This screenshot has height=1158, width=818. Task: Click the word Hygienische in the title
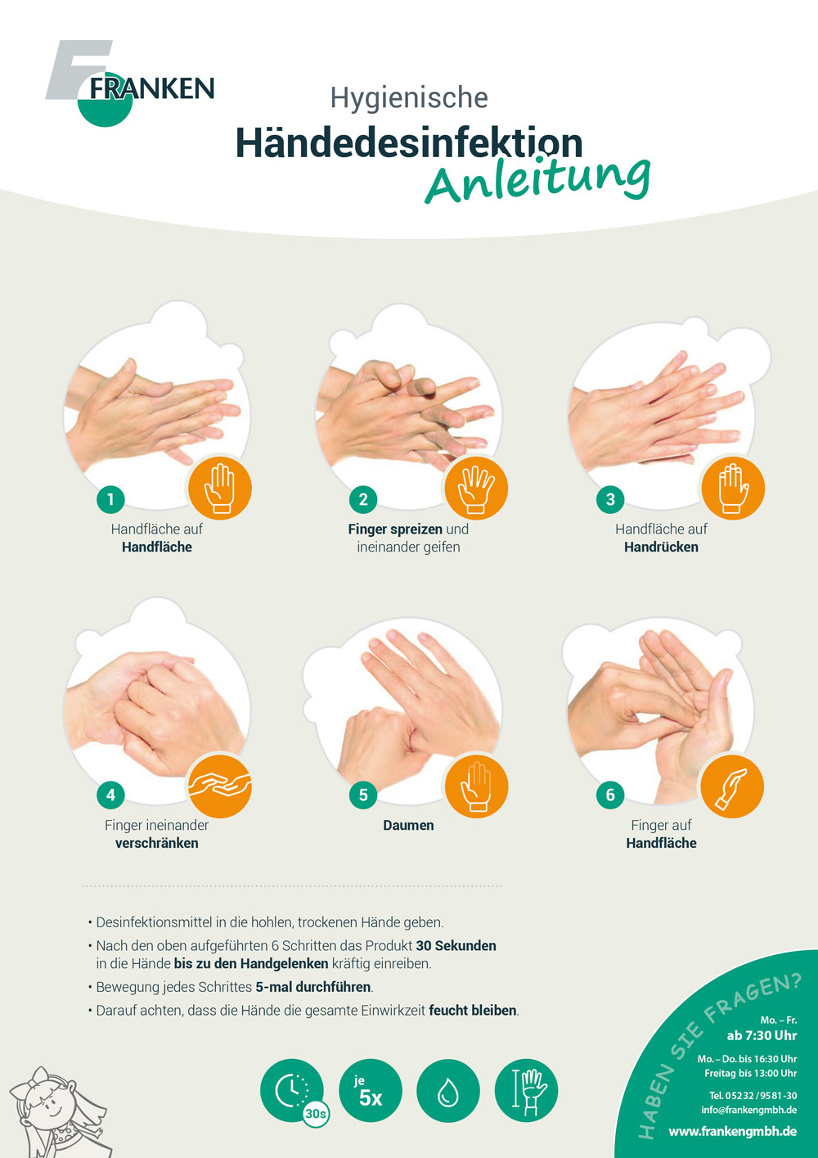(x=409, y=97)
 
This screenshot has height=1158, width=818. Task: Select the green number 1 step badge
(x=110, y=498)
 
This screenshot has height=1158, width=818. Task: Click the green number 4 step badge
(x=110, y=794)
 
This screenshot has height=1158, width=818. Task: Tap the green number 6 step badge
(x=610, y=795)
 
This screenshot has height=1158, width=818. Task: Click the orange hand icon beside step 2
(x=476, y=488)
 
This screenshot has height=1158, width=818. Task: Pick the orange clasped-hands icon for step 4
(x=219, y=785)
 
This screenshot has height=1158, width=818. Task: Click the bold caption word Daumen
(x=408, y=825)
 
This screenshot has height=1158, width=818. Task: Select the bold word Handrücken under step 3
(x=661, y=547)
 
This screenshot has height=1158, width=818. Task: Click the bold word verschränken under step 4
(x=156, y=843)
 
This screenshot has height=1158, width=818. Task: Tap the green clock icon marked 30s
(x=292, y=1090)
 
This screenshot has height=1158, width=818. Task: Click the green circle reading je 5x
(x=370, y=1091)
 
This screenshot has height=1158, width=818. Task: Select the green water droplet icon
(x=447, y=1091)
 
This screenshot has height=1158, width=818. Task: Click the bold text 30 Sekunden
(x=456, y=945)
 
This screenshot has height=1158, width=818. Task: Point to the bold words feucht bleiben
(x=473, y=1010)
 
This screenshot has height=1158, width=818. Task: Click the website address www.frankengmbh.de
(x=732, y=1131)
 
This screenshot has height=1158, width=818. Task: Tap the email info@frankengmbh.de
(x=748, y=1110)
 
